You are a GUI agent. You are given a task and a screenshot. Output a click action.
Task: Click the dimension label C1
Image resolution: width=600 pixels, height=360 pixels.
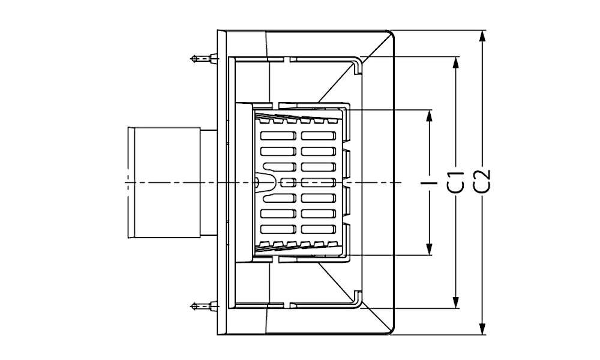point(456,182)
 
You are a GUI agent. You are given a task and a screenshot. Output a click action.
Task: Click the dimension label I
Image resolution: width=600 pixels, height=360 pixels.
point(429,182)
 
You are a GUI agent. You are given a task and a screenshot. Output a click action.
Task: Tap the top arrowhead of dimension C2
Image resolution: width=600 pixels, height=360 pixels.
point(482,37)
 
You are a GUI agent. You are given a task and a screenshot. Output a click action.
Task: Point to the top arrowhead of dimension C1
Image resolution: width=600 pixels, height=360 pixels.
point(455,63)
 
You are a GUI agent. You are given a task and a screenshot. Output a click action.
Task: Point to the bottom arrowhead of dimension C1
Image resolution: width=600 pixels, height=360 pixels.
point(455,302)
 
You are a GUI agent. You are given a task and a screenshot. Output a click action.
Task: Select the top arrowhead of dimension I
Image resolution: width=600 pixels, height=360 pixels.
point(430,116)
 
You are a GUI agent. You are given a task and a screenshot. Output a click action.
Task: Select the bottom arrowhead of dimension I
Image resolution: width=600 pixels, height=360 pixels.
point(430,248)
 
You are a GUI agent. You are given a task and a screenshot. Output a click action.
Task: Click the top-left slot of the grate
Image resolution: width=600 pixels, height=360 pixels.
point(278,136)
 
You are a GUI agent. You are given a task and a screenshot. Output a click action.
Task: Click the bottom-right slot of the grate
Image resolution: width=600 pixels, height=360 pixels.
point(319,229)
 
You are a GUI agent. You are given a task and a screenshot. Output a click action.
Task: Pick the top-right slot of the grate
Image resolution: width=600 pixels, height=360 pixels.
point(319,136)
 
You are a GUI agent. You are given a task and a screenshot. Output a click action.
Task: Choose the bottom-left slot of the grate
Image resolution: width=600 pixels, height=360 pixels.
point(278,229)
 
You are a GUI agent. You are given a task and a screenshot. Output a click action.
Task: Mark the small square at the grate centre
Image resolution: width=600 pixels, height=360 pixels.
point(284,182)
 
